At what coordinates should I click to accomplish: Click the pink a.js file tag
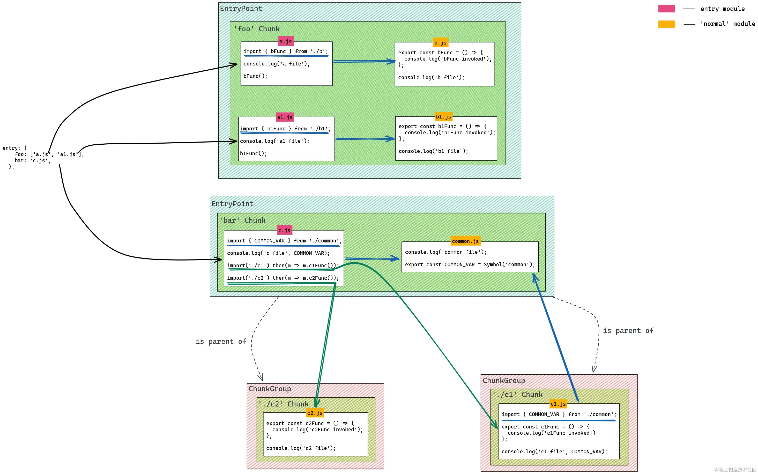point(285,41)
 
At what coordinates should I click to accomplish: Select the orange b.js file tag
point(440,43)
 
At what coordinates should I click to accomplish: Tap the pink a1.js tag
point(285,117)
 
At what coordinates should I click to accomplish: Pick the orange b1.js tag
point(443,117)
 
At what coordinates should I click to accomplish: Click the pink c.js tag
point(284,230)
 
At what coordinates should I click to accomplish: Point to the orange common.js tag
point(465,241)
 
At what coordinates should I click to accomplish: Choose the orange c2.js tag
point(315,413)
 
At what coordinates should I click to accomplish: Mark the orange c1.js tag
point(558,404)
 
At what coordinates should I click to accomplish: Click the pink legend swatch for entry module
point(666,9)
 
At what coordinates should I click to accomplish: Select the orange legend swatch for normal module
point(666,24)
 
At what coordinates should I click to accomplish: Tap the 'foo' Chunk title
point(257,29)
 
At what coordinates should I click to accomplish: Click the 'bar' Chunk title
point(243,220)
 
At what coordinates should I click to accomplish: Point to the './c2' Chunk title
point(284,404)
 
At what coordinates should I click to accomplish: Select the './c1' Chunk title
point(517,394)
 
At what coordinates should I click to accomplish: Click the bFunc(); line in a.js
point(255,76)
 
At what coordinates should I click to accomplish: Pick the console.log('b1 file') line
point(433,151)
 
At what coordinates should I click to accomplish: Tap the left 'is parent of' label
point(221,341)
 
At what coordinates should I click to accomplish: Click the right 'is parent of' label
point(628,330)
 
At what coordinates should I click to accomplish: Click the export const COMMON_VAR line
point(470,265)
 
